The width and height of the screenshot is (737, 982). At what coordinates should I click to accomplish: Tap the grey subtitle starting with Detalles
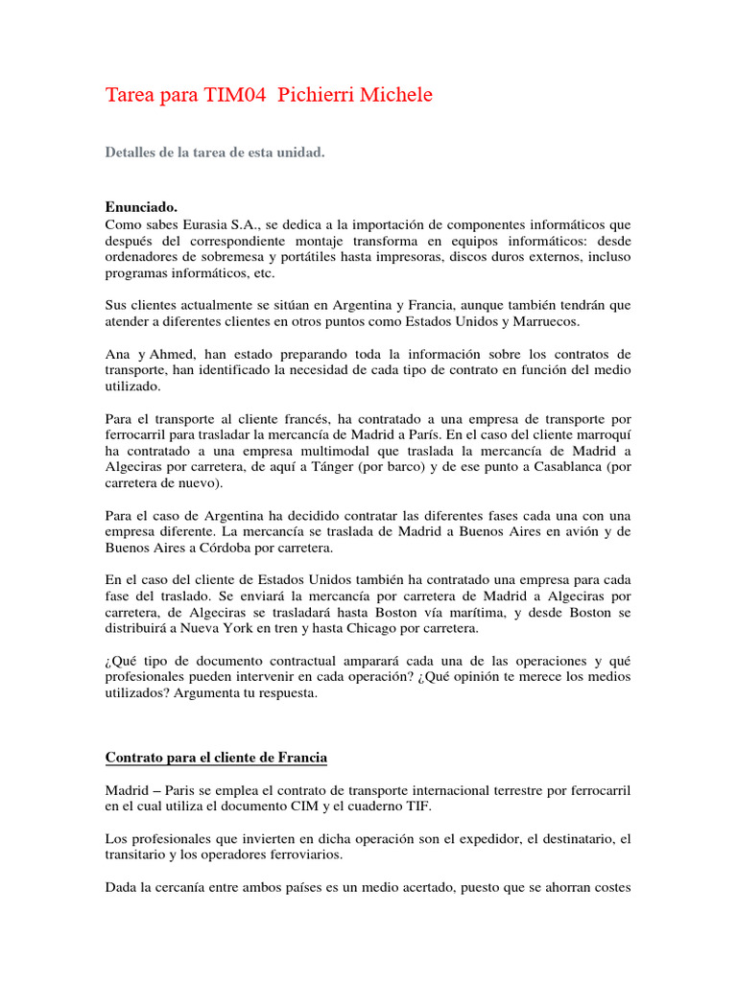pyautogui.click(x=214, y=152)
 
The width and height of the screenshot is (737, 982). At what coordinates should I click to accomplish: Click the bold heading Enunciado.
pyautogui.click(x=140, y=206)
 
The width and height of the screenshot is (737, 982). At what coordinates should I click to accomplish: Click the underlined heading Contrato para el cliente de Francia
pyautogui.click(x=216, y=759)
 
